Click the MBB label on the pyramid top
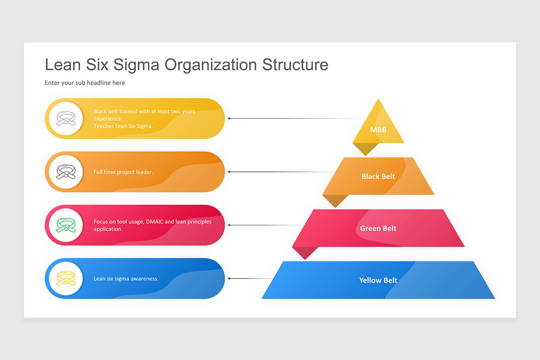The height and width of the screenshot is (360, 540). (378, 130)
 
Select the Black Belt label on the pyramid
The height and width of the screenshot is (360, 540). (378, 176)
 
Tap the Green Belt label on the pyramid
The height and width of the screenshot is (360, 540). (378, 228)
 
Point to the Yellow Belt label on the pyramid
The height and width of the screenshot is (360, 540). (378, 280)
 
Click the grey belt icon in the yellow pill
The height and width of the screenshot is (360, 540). (66, 118)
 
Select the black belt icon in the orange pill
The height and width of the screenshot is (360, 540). (66, 171)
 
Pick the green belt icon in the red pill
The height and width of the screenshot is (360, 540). (66, 225)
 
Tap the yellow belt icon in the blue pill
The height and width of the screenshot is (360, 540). (66, 278)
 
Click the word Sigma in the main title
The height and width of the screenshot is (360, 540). (136, 65)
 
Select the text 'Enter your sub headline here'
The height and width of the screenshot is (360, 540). (85, 83)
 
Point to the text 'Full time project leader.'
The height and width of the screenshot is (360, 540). (123, 172)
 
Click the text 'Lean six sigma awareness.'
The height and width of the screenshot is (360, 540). (126, 279)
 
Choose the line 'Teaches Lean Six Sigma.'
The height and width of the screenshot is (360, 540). (123, 126)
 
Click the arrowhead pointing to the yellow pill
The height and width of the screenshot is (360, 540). (229, 118)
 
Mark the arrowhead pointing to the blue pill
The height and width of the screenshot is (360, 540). (229, 279)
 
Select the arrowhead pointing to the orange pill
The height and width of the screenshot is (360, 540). (229, 172)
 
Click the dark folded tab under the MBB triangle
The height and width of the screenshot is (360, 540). (365, 149)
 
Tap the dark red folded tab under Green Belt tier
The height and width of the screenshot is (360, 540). (305, 253)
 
